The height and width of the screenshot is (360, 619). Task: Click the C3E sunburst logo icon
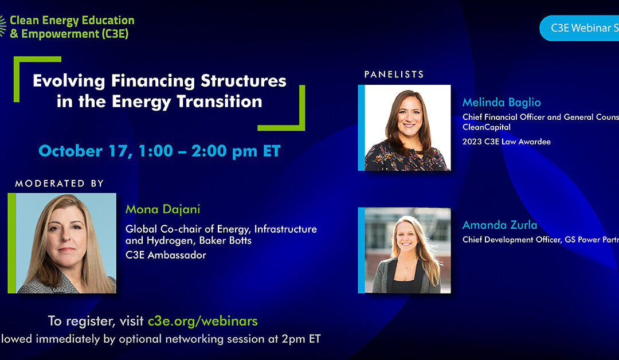(3, 26)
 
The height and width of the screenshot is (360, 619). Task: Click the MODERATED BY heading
(59, 183)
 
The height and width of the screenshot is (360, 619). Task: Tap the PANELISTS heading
(394, 75)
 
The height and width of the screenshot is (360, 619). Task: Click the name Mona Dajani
(162, 210)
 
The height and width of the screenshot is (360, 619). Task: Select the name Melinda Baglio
(502, 103)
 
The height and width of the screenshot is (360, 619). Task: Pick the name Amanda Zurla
(500, 225)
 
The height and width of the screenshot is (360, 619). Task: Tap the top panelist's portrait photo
(408, 128)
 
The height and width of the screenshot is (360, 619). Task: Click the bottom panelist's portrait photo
(408, 251)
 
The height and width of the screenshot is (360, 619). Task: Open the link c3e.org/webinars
(202, 320)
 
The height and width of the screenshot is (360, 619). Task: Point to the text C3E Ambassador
(166, 255)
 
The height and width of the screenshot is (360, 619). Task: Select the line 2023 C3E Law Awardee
(506, 142)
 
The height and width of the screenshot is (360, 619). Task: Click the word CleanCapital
(487, 127)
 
